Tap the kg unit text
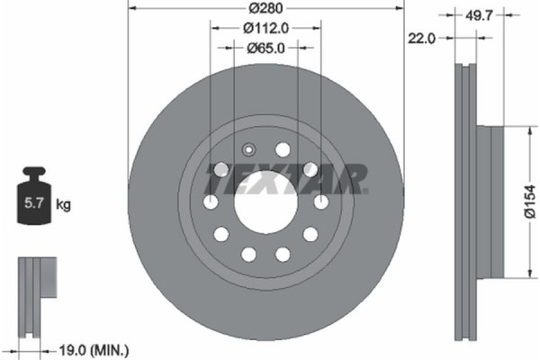[64, 205]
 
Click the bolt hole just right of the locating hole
[283, 149]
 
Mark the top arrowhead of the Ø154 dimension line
[525, 128]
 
